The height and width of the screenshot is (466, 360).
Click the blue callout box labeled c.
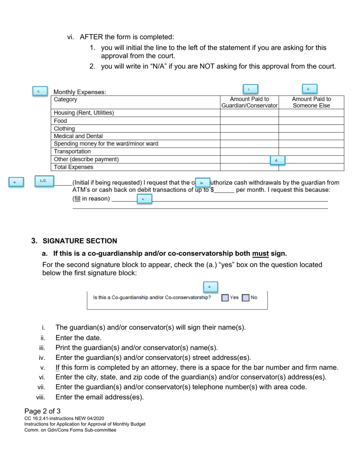(x=39, y=91)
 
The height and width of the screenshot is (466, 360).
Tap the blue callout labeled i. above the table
(x=249, y=89)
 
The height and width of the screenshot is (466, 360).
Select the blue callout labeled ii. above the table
(x=309, y=89)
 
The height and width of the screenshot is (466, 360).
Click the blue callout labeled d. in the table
(x=277, y=161)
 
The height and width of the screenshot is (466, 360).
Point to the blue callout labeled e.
(x=16, y=182)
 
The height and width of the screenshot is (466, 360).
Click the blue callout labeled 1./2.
(x=44, y=181)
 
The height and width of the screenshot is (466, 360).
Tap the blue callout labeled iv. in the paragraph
(x=202, y=183)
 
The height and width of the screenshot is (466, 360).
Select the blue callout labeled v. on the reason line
(x=143, y=199)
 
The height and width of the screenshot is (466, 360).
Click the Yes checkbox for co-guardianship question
(x=225, y=298)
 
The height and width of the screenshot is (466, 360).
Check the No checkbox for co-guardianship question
(x=246, y=298)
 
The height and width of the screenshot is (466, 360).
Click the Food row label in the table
(x=61, y=121)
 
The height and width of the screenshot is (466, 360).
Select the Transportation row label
(x=72, y=152)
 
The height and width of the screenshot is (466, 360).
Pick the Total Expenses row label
(x=74, y=167)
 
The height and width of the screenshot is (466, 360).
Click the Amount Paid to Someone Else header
(x=311, y=102)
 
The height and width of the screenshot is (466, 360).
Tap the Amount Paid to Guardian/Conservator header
(x=249, y=102)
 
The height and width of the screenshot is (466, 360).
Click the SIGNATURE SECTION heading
(x=80, y=241)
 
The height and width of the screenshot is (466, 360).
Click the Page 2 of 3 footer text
(x=42, y=411)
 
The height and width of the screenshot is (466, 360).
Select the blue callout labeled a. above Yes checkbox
(x=210, y=286)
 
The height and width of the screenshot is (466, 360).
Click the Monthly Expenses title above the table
(x=80, y=92)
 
